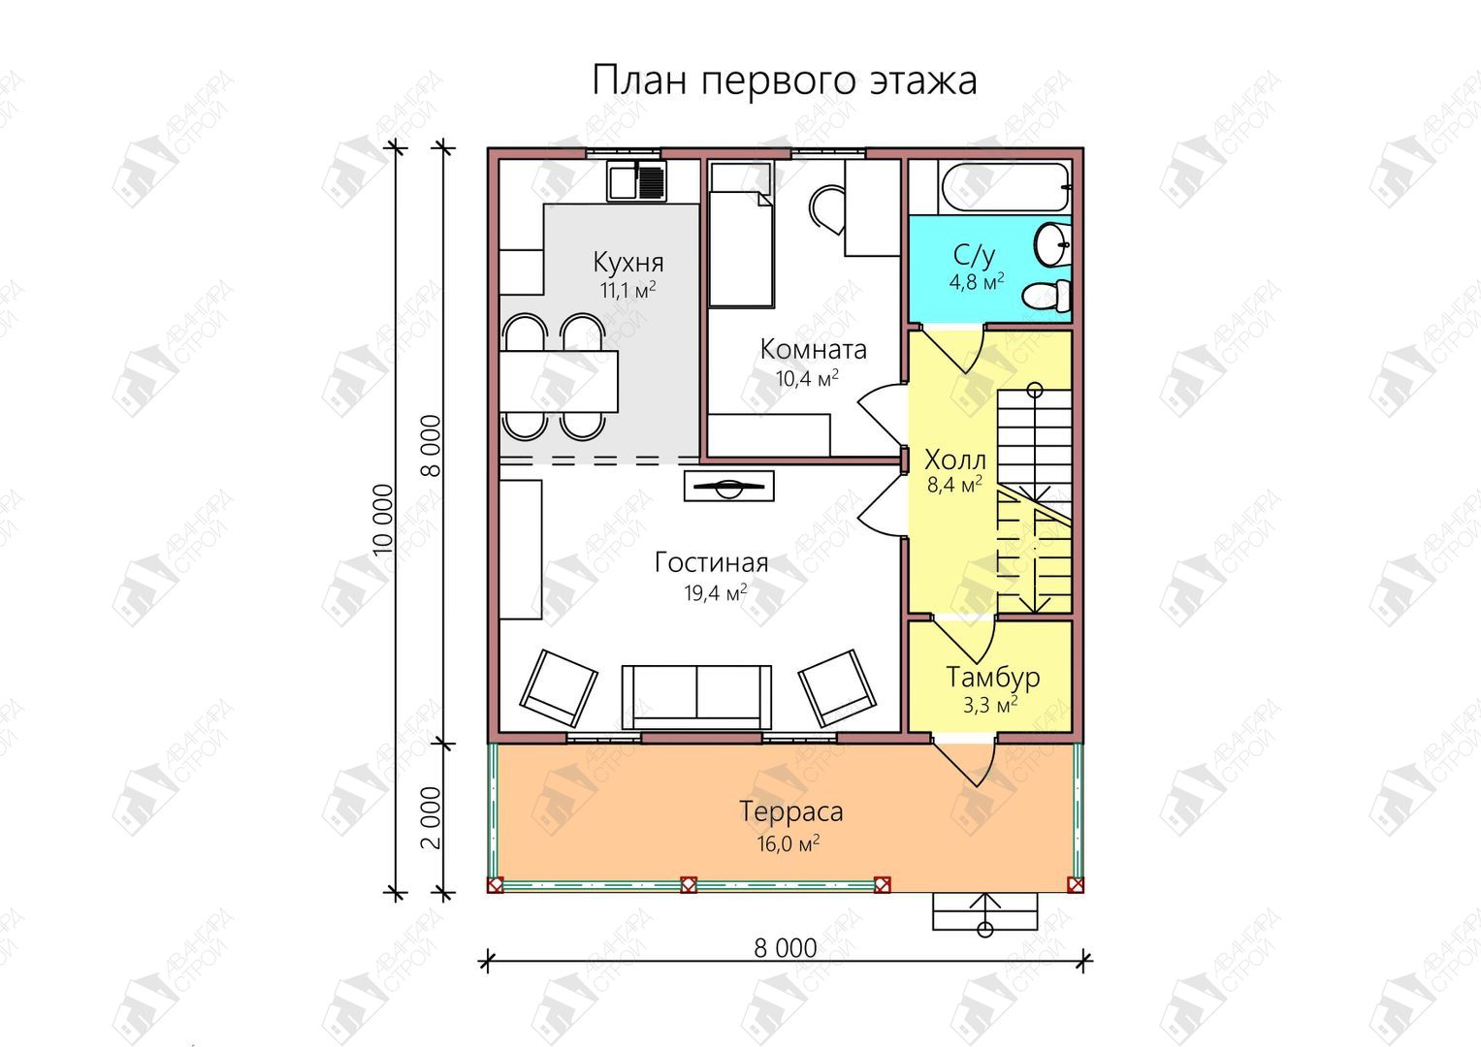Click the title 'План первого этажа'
pos(784,80)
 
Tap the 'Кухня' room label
pos(628,263)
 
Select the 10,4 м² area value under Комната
pos(807,377)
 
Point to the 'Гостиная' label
pos(712,562)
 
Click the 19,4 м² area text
pos(716,592)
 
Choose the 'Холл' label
pos(955,460)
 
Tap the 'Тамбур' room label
pos(993,677)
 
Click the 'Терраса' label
pos(790,811)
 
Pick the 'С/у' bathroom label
pos(975,255)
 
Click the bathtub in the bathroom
pos(1003,187)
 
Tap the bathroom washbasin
pos(1052,244)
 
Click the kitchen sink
pos(636,180)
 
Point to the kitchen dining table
pos(559,382)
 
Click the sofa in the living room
pos(697,697)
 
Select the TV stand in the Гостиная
pos(729,486)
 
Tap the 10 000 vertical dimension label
pos(383,520)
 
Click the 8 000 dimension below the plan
pos(786,948)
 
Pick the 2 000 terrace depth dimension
pos(431,817)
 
